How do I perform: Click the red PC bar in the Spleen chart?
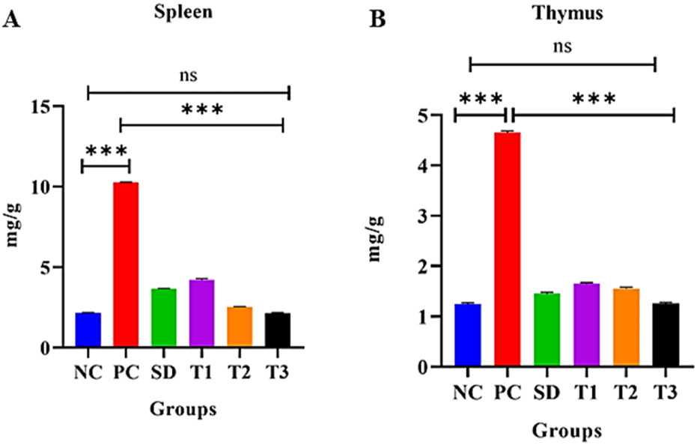click(x=125, y=264)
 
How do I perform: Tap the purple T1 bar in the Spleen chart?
click(x=202, y=313)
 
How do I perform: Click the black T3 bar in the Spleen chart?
click(x=278, y=330)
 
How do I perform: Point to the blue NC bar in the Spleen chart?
click(x=88, y=330)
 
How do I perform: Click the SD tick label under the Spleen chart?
click(x=163, y=372)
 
